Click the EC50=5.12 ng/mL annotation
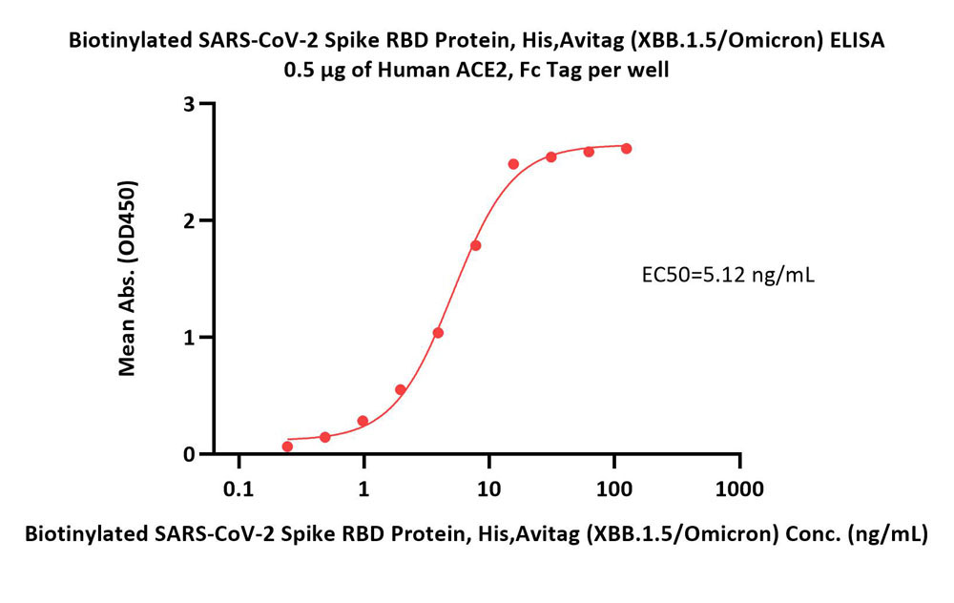[x=728, y=276]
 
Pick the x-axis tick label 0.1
[x=238, y=489]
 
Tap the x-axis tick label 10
[x=488, y=489]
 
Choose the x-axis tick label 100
[x=613, y=489]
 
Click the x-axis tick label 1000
[x=739, y=489]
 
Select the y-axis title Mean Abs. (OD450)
[x=127, y=278]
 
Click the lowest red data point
[x=287, y=447]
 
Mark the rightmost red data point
[x=626, y=149]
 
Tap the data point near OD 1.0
[x=438, y=333]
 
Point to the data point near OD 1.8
[x=476, y=245]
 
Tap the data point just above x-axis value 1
[x=363, y=421]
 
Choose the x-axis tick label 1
[x=363, y=489]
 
